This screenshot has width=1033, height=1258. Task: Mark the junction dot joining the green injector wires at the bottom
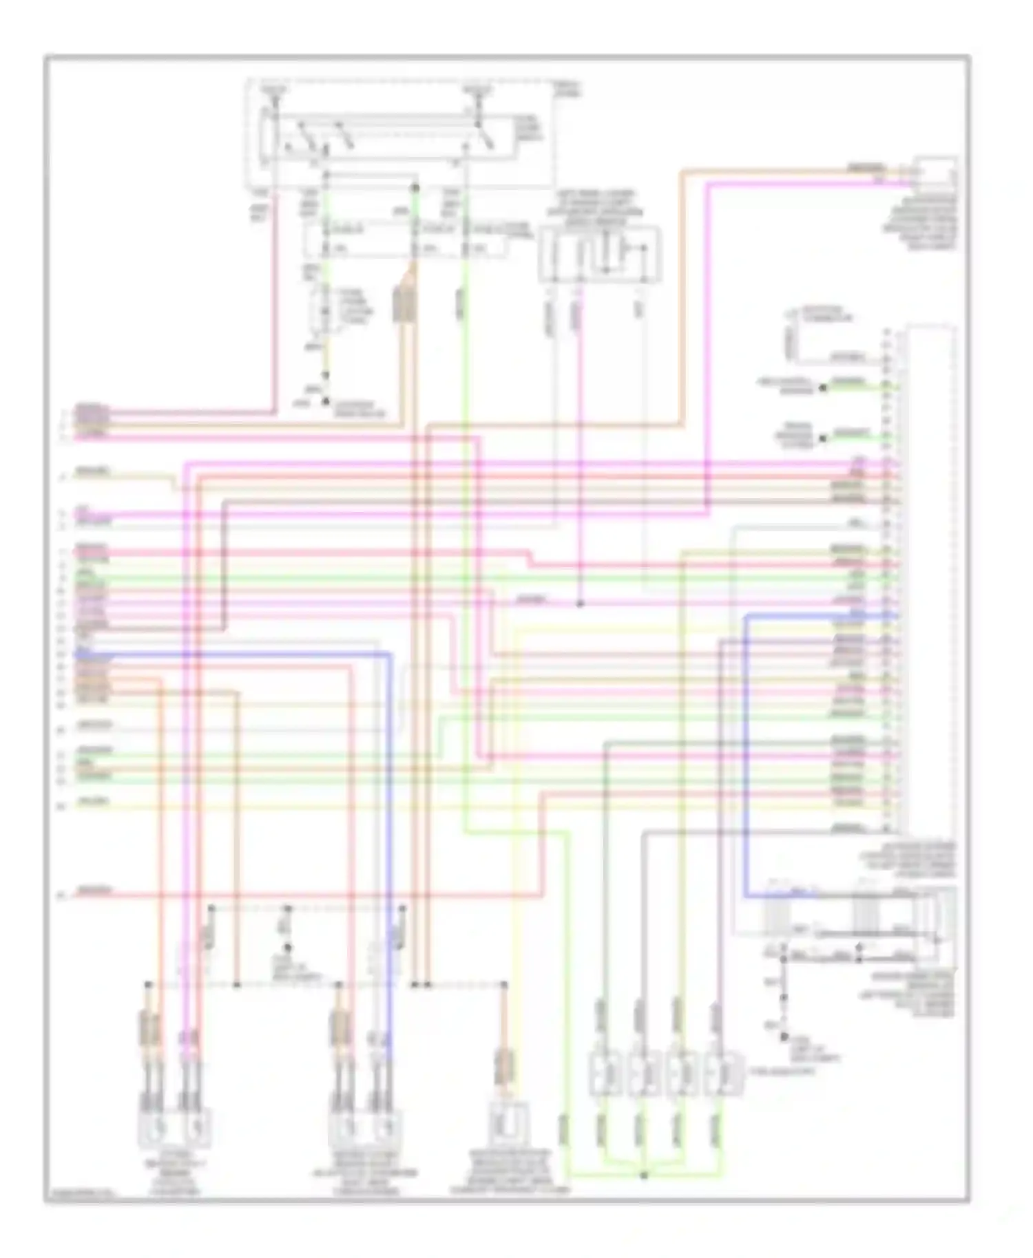coord(644,1175)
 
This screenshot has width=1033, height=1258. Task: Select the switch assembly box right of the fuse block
coord(600,255)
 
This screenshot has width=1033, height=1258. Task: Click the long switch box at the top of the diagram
coord(386,141)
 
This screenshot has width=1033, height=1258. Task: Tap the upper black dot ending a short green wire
coord(822,388)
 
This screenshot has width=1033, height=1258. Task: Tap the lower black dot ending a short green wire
coord(822,438)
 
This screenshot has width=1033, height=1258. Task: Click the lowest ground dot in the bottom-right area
coord(784,1036)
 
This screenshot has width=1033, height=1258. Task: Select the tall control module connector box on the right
coord(931,578)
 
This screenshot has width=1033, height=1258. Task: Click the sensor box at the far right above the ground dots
coord(935,922)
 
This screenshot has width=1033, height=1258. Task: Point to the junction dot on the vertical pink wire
coord(579,604)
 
